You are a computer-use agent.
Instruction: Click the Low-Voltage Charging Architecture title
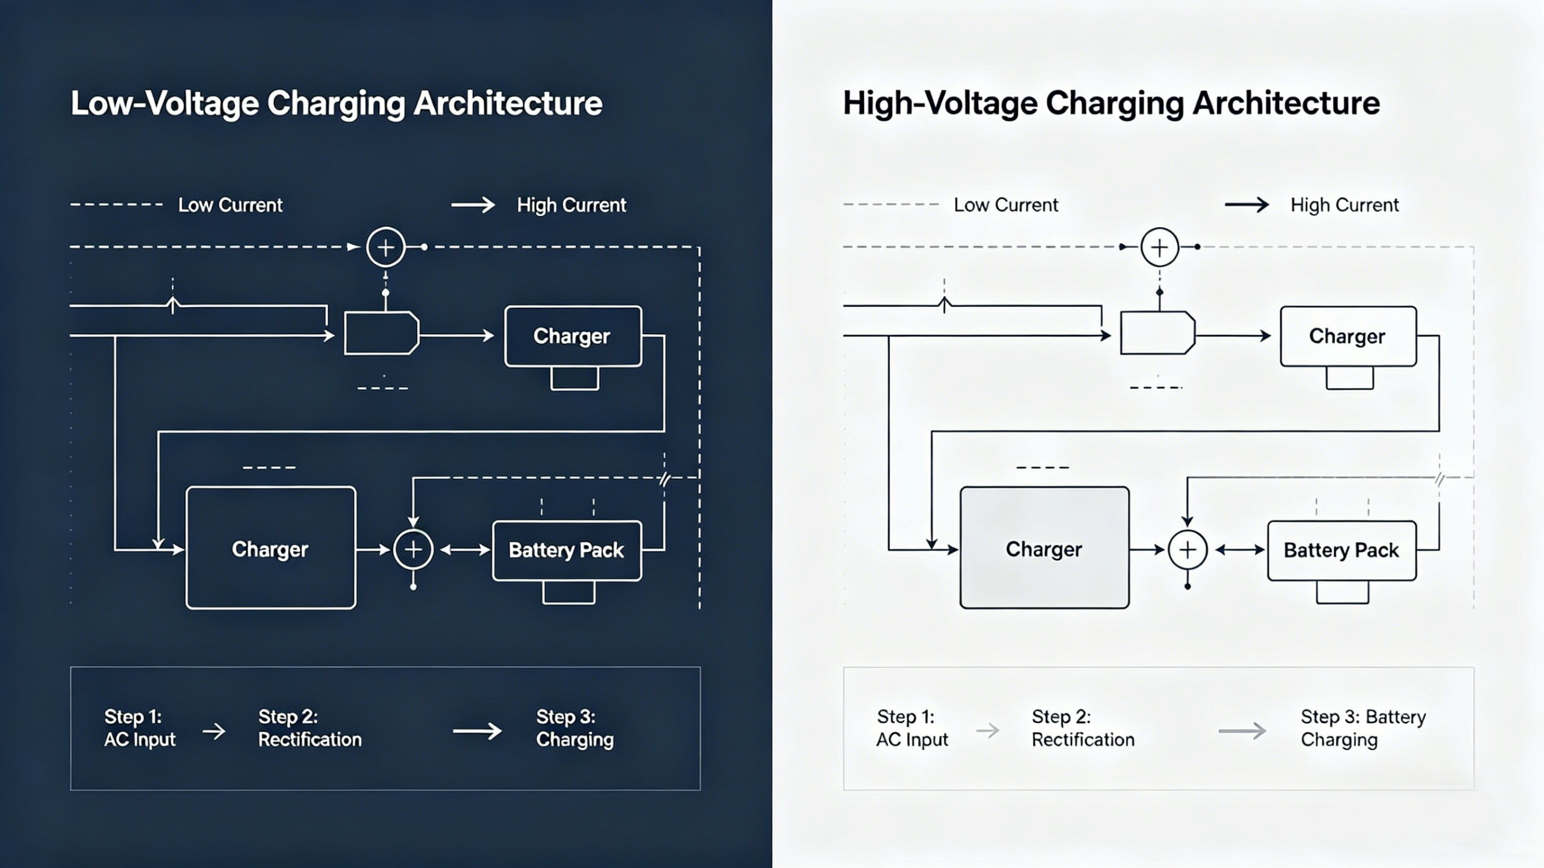336,103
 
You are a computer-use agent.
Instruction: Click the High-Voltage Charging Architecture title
1111,103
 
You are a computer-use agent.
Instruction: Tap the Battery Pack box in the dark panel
566,550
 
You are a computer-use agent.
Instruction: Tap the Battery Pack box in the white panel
1341,550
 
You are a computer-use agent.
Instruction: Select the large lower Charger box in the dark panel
271,548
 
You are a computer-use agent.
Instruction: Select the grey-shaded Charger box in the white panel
1044,548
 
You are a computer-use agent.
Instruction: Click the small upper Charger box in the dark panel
572,336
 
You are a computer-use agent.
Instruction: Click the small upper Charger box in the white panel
1348,336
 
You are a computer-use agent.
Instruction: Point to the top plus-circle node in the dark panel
385,247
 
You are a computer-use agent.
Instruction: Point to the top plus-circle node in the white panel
1159,247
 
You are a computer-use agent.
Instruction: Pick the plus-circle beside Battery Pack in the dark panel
413,550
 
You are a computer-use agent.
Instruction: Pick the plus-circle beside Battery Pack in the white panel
1187,550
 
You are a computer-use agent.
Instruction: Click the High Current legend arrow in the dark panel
473,205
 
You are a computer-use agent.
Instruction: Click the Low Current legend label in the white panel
1005,205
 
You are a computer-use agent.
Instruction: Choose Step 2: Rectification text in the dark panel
309,728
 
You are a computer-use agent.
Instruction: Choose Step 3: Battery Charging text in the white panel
1362,728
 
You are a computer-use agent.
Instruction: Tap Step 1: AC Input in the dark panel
139,728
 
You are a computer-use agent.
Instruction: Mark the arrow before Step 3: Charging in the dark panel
477,731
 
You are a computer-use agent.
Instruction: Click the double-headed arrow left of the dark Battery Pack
464,550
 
